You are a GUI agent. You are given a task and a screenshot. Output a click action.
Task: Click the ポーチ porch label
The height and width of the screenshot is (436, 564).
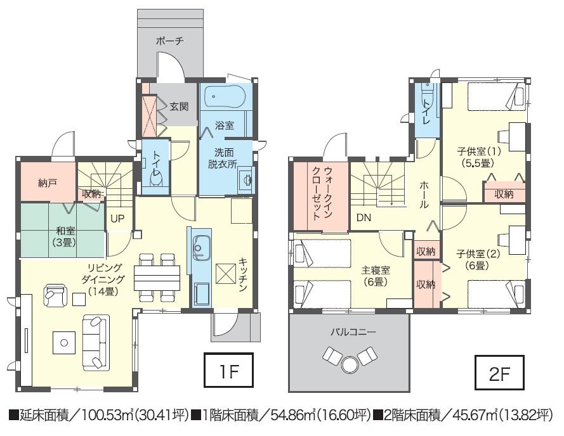tap(169, 41)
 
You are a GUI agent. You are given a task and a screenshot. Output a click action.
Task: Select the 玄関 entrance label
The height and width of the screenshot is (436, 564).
tap(179, 106)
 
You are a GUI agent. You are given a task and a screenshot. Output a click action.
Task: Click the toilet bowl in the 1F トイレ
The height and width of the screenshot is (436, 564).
tap(155, 181)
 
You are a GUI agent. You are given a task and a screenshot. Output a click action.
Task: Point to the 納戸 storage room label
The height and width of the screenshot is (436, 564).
tap(48, 183)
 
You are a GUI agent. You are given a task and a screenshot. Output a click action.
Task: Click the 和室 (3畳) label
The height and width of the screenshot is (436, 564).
tap(62, 235)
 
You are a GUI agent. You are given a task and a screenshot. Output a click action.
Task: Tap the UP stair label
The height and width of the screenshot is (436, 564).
tap(118, 218)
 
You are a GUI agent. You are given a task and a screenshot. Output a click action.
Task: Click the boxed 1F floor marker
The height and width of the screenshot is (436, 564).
tap(228, 371)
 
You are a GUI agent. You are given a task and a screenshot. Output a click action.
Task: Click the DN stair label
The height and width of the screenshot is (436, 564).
tap(364, 218)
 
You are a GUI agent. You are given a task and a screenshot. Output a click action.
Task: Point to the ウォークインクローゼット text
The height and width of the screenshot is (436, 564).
tap(323, 193)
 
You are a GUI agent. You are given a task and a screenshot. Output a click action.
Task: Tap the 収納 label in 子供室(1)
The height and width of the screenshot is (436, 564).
tap(504, 195)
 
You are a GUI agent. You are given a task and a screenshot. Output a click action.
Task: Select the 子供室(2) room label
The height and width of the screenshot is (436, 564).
tap(479, 259)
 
